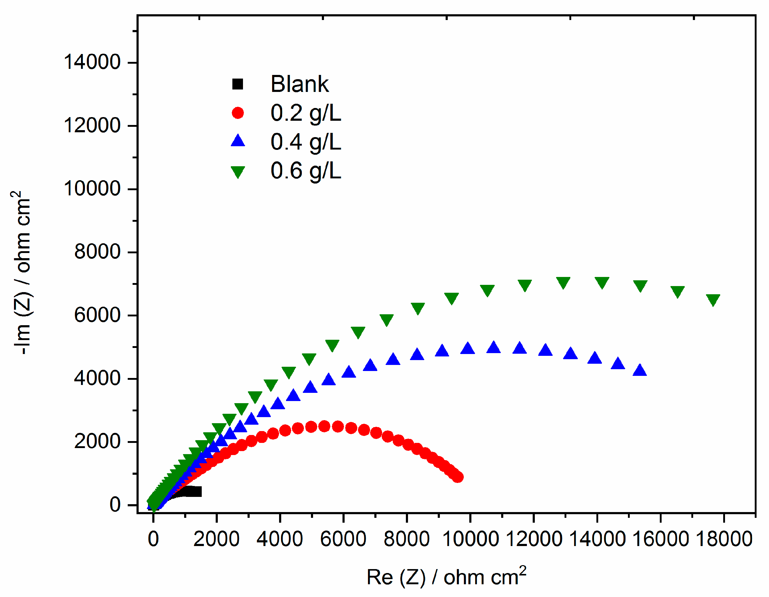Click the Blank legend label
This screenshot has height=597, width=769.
coord(299,84)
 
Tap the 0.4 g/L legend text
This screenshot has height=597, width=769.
coord(306,142)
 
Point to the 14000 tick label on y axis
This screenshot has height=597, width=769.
coord(92,62)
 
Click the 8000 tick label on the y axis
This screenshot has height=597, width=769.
coord(97,252)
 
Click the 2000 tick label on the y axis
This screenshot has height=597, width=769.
coord(97,441)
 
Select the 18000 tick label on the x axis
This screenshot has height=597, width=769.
coord(724,539)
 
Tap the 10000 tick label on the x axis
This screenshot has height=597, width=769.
coord(470,539)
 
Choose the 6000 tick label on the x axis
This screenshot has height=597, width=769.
coord(343,539)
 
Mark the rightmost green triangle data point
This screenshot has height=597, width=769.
coord(713,300)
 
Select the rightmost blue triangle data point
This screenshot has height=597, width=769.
coord(639,370)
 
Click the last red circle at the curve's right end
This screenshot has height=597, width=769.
coord(457,477)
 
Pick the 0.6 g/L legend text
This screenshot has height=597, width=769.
coord(306,171)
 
